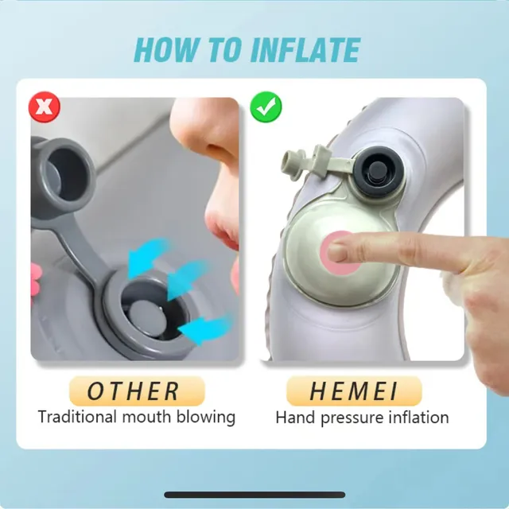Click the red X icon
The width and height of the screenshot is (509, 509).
click(45, 107)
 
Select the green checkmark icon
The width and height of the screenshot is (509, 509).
click(266, 107)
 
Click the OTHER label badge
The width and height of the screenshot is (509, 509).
click(137, 390)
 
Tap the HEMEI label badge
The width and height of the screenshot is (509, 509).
click(354, 390)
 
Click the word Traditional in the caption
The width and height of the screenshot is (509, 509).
click(77, 417)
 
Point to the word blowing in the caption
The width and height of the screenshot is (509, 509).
click(206, 418)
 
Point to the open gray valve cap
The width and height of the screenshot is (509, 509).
click(65, 172)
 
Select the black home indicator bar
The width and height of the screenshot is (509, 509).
click(254, 495)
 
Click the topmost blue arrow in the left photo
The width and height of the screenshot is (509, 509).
click(148, 256)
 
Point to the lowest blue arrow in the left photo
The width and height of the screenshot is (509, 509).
click(204, 328)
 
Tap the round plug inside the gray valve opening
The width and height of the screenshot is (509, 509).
click(144, 317)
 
